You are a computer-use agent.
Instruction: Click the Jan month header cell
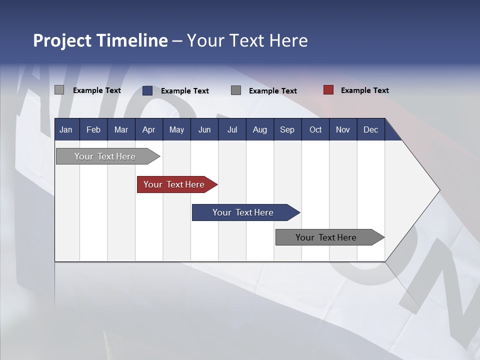click(x=66, y=129)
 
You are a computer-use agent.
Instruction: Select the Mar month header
click(x=121, y=129)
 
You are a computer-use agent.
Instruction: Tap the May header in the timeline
click(x=176, y=129)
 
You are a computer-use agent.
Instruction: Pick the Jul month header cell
click(x=232, y=129)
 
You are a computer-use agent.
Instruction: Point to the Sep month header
click(x=287, y=129)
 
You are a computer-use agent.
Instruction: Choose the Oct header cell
click(x=315, y=129)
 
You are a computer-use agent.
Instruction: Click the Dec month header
click(x=370, y=129)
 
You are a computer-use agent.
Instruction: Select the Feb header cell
click(x=93, y=129)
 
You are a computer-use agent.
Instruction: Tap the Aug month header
click(x=259, y=129)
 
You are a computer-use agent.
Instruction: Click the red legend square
click(x=328, y=90)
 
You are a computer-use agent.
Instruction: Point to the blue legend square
click(x=147, y=90)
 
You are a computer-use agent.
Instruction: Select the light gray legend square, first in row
click(x=59, y=90)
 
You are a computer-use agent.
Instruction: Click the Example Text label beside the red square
click(x=364, y=90)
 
